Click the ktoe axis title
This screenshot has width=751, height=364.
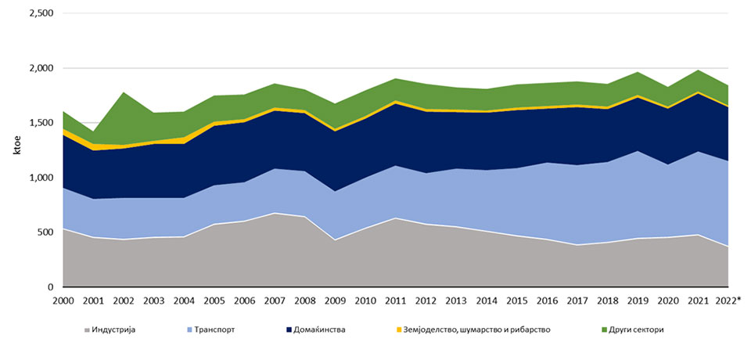coord(16,150)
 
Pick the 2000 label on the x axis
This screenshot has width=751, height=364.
coord(64,300)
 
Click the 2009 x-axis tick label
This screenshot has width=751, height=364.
coord(334,300)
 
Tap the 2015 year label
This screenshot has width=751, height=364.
coord(515,300)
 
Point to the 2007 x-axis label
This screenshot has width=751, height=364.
coord(275,300)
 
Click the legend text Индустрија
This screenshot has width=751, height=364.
coord(114,330)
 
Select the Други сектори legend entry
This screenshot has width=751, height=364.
coord(638,330)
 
